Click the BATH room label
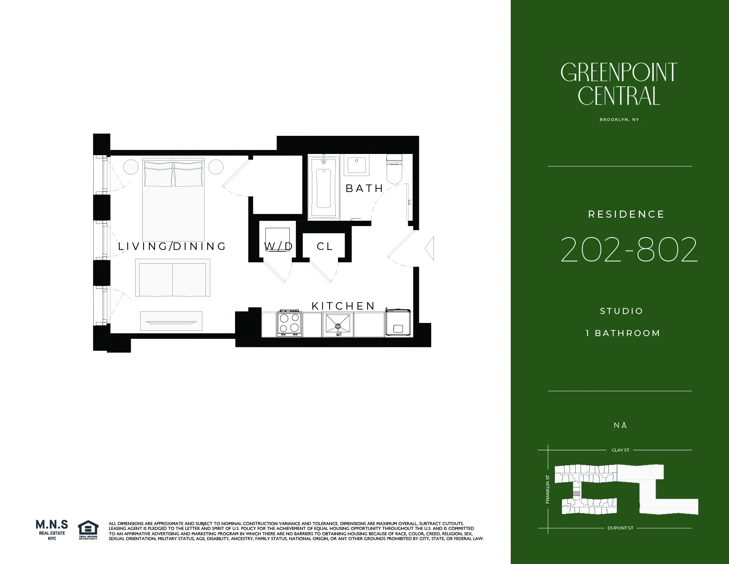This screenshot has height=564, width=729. click(364, 188)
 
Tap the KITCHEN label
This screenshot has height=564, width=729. click(343, 306)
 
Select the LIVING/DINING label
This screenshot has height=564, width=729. click(172, 246)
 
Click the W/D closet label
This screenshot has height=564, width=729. click(278, 246)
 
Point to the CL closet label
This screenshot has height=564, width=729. click(325, 246)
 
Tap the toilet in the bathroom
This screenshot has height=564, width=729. click(394, 169)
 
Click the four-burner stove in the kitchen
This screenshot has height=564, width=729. click(289, 323)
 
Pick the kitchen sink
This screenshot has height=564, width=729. click(338, 324)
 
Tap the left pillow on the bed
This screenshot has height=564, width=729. click(158, 174)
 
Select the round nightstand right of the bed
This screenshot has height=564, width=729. click(216, 167)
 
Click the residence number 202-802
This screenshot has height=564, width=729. click(629, 250)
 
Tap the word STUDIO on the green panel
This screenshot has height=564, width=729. click(621, 311)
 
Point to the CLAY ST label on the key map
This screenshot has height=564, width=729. click(620, 450)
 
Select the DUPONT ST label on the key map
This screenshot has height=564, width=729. click(620, 528)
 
